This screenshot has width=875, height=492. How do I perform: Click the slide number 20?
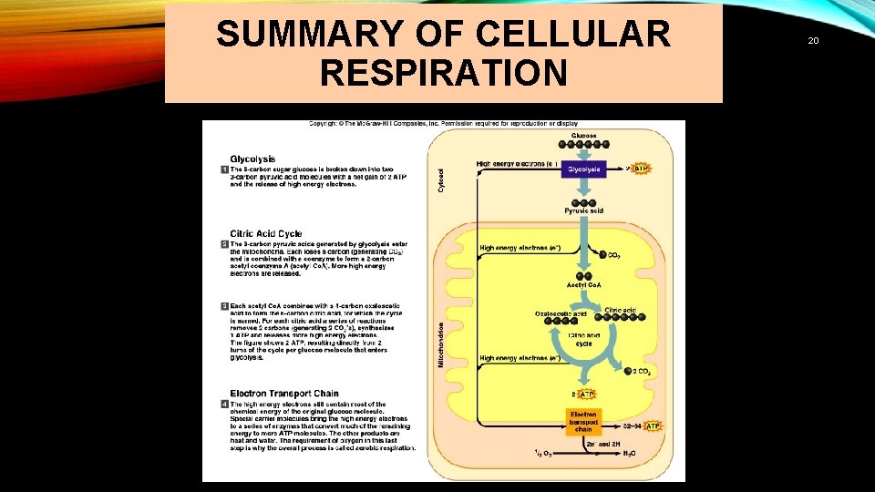click(813, 40)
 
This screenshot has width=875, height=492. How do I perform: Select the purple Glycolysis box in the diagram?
click(584, 169)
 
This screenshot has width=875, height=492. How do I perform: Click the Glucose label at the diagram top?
click(584, 136)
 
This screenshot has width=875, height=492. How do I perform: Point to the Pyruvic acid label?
click(584, 211)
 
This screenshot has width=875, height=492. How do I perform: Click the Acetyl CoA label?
click(584, 285)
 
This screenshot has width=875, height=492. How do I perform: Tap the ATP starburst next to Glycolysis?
click(641, 169)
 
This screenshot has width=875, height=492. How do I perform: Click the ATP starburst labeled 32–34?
click(653, 425)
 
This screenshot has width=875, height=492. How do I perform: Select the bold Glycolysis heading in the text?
click(253, 159)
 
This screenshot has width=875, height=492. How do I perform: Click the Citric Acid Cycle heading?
click(266, 234)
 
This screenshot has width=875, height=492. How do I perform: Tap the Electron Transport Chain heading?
click(284, 394)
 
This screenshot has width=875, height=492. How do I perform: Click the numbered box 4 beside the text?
click(225, 404)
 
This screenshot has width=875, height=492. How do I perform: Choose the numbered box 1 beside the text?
click(225, 169)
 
